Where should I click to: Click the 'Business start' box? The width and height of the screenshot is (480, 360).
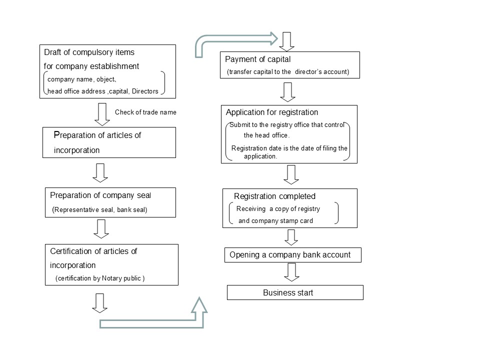295,292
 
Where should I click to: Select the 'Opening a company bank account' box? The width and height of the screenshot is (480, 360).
293,255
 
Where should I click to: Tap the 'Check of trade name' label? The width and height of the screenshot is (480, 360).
145,112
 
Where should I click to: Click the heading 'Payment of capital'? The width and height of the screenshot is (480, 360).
258,59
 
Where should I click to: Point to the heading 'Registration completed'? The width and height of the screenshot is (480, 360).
274,196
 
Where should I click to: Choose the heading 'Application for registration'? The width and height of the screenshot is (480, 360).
272,112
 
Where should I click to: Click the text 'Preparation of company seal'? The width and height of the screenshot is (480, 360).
100,195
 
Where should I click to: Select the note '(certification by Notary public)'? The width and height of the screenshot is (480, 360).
100,278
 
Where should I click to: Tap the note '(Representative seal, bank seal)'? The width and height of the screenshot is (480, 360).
99,209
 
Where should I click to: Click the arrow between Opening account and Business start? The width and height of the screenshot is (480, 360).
291,272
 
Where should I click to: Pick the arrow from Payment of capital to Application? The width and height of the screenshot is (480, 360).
288,92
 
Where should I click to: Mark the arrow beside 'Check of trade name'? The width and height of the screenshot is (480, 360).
102,114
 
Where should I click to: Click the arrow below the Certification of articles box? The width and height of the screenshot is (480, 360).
100,303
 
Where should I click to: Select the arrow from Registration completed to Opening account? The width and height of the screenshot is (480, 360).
291,237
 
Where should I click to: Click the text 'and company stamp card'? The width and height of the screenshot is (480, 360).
275,220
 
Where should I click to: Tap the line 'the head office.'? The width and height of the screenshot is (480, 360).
266,135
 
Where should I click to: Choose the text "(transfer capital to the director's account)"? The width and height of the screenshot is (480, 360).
288,72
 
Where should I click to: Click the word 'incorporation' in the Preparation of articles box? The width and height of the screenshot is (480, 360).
76,150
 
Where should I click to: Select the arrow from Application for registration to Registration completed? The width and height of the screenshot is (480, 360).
291,174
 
